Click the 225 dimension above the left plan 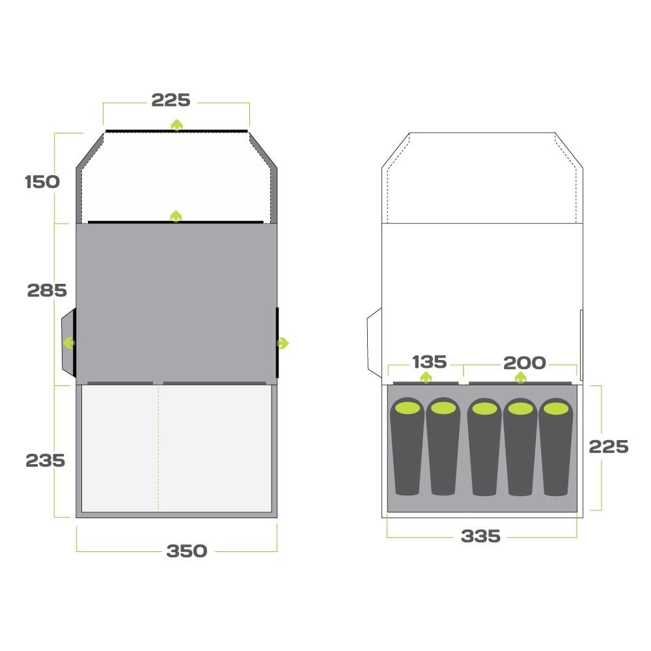pos(171,100)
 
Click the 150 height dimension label pos(42,182)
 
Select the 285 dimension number pos(47,290)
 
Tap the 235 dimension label pos(46,460)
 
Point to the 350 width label pos(187,551)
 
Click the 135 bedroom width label pos(429,361)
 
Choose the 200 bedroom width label pos(524,363)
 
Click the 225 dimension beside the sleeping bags pos(608,447)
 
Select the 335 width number pos(480,536)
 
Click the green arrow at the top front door pos(176,124)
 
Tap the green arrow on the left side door pos(68,342)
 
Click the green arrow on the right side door pos(283,343)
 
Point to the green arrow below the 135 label pos(425,377)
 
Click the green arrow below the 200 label pos(520,377)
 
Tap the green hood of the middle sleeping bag pos(485,409)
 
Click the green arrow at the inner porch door pos(176,216)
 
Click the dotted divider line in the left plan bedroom pos(158,449)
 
